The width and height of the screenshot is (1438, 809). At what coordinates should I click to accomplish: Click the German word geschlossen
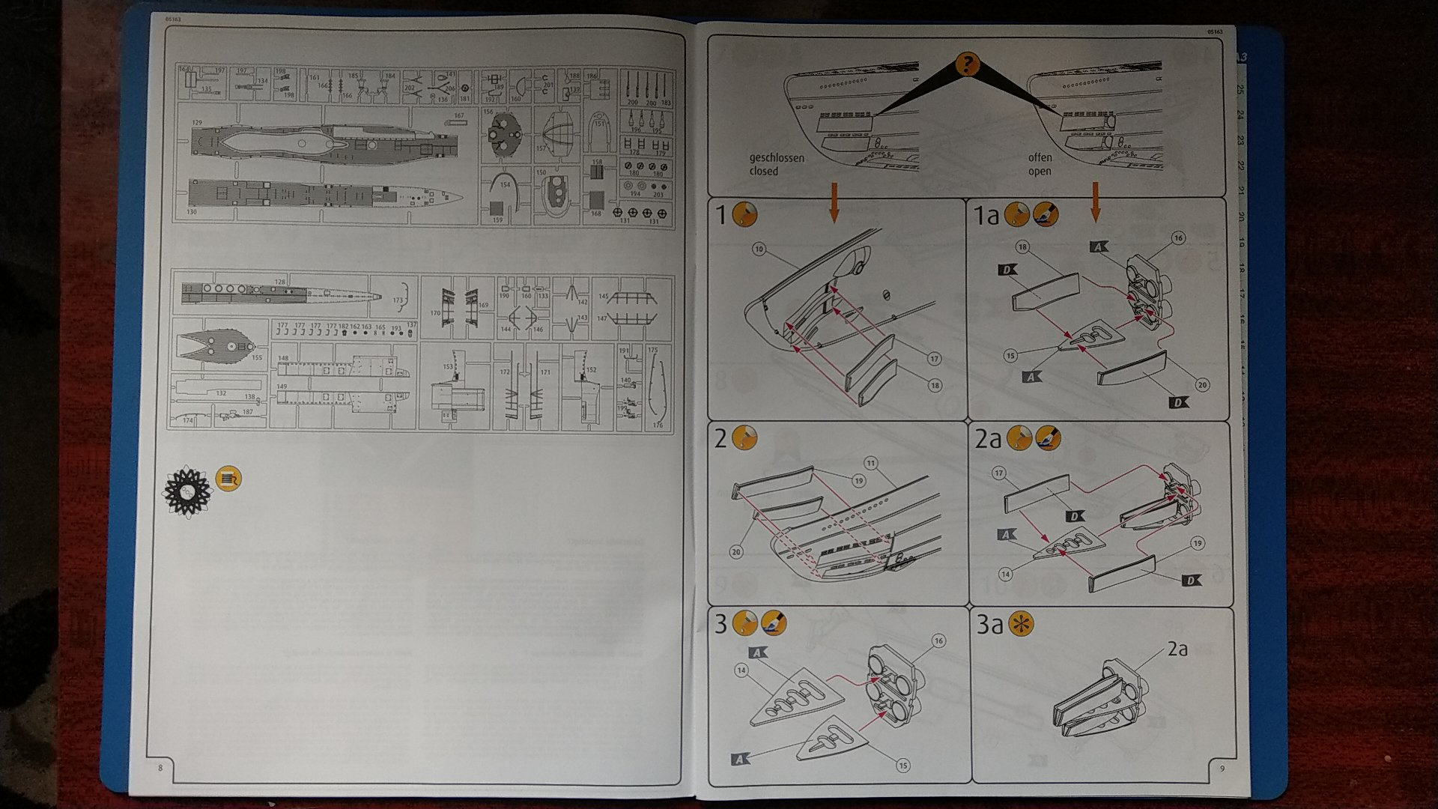coord(777,158)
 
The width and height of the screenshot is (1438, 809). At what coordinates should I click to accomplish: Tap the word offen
coord(1040,157)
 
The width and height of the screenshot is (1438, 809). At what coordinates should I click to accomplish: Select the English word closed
coord(764,171)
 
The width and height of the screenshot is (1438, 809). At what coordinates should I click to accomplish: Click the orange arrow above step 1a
coord(1096,202)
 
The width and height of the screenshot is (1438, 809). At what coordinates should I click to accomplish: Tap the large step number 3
coord(720,623)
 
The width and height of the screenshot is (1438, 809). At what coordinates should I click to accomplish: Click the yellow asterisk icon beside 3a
coord(1020,623)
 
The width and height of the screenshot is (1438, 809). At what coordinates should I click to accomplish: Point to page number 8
coord(160,768)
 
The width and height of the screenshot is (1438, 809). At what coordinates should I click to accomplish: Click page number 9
coord(1222,768)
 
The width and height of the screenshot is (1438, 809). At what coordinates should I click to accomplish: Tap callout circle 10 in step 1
coord(759,249)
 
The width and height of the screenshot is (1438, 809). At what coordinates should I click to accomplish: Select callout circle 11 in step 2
coord(870,463)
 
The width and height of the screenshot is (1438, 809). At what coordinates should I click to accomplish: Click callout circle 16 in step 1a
coord(1179,238)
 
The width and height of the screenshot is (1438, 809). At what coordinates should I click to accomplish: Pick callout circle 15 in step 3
coord(903,766)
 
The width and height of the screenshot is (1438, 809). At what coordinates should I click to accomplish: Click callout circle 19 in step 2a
coord(1198,544)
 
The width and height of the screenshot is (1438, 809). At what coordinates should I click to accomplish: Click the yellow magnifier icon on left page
coord(228,478)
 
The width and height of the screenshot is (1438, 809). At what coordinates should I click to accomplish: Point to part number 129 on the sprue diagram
coord(197,122)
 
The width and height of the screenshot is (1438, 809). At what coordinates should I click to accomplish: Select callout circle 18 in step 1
coord(934,385)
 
